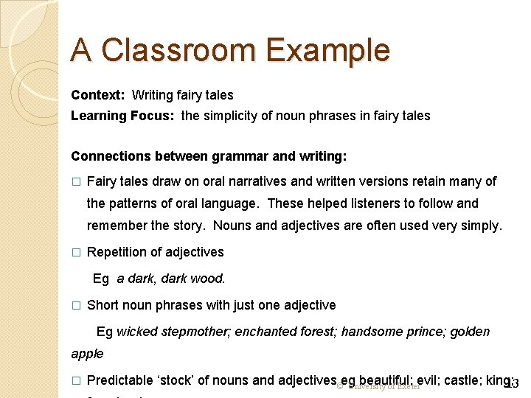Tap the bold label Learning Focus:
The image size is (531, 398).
tap(122, 116)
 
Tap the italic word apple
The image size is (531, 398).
tap(87, 354)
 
